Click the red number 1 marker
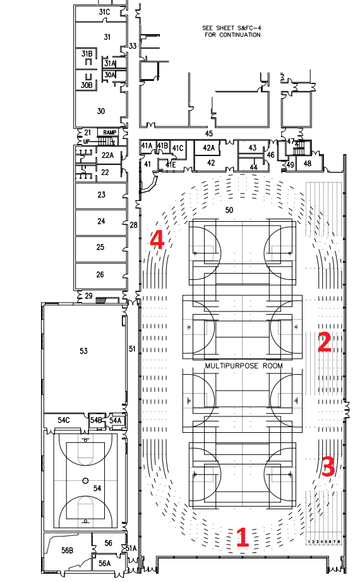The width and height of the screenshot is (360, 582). tap(242, 537)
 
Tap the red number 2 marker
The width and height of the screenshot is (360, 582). tap(325, 342)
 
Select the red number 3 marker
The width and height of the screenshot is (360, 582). tap(328, 466)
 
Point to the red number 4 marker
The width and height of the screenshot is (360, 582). tap(157, 239)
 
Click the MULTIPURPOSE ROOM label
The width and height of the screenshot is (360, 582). tap(244, 366)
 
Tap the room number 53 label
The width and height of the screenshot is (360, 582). tap(83, 351)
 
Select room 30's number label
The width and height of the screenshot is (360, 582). tap(101, 111)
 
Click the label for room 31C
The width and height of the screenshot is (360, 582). tap(104, 12)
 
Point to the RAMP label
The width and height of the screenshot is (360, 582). tap(110, 133)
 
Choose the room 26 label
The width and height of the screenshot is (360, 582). tap(100, 275)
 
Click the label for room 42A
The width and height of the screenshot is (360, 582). tap(209, 148)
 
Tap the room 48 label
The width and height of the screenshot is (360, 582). tap(308, 163)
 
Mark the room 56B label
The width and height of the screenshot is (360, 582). tap(67, 550)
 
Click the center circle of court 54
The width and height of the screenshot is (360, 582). tap(85, 481)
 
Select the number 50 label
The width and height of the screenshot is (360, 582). tap(229, 210)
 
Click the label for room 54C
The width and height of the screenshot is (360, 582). tap(63, 420)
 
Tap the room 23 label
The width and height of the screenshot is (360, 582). tap(101, 195)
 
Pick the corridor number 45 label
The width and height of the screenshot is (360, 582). tap(209, 133)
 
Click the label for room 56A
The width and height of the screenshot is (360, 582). tap(105, 564)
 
